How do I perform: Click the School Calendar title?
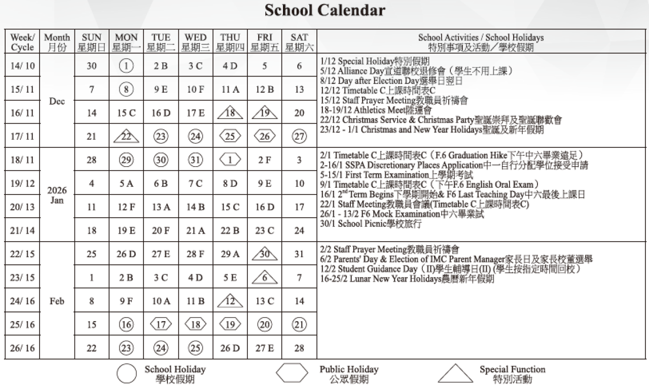324,10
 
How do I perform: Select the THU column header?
230,43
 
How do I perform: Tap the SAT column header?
299,43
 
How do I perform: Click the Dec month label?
57,101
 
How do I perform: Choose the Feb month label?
57,301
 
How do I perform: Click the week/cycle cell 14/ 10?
23,66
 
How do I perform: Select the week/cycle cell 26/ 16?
23,348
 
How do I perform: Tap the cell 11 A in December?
230,90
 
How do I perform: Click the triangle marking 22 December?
126,136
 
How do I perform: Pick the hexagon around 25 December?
230,136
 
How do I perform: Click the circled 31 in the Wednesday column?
195,160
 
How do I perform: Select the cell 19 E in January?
126,231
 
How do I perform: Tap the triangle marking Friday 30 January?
265,254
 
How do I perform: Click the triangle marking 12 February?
230,301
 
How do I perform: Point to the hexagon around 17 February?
161,325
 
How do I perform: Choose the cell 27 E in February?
265,348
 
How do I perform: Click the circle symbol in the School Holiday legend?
126,374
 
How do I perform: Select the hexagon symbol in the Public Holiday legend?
292,374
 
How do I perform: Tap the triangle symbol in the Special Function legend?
455,374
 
